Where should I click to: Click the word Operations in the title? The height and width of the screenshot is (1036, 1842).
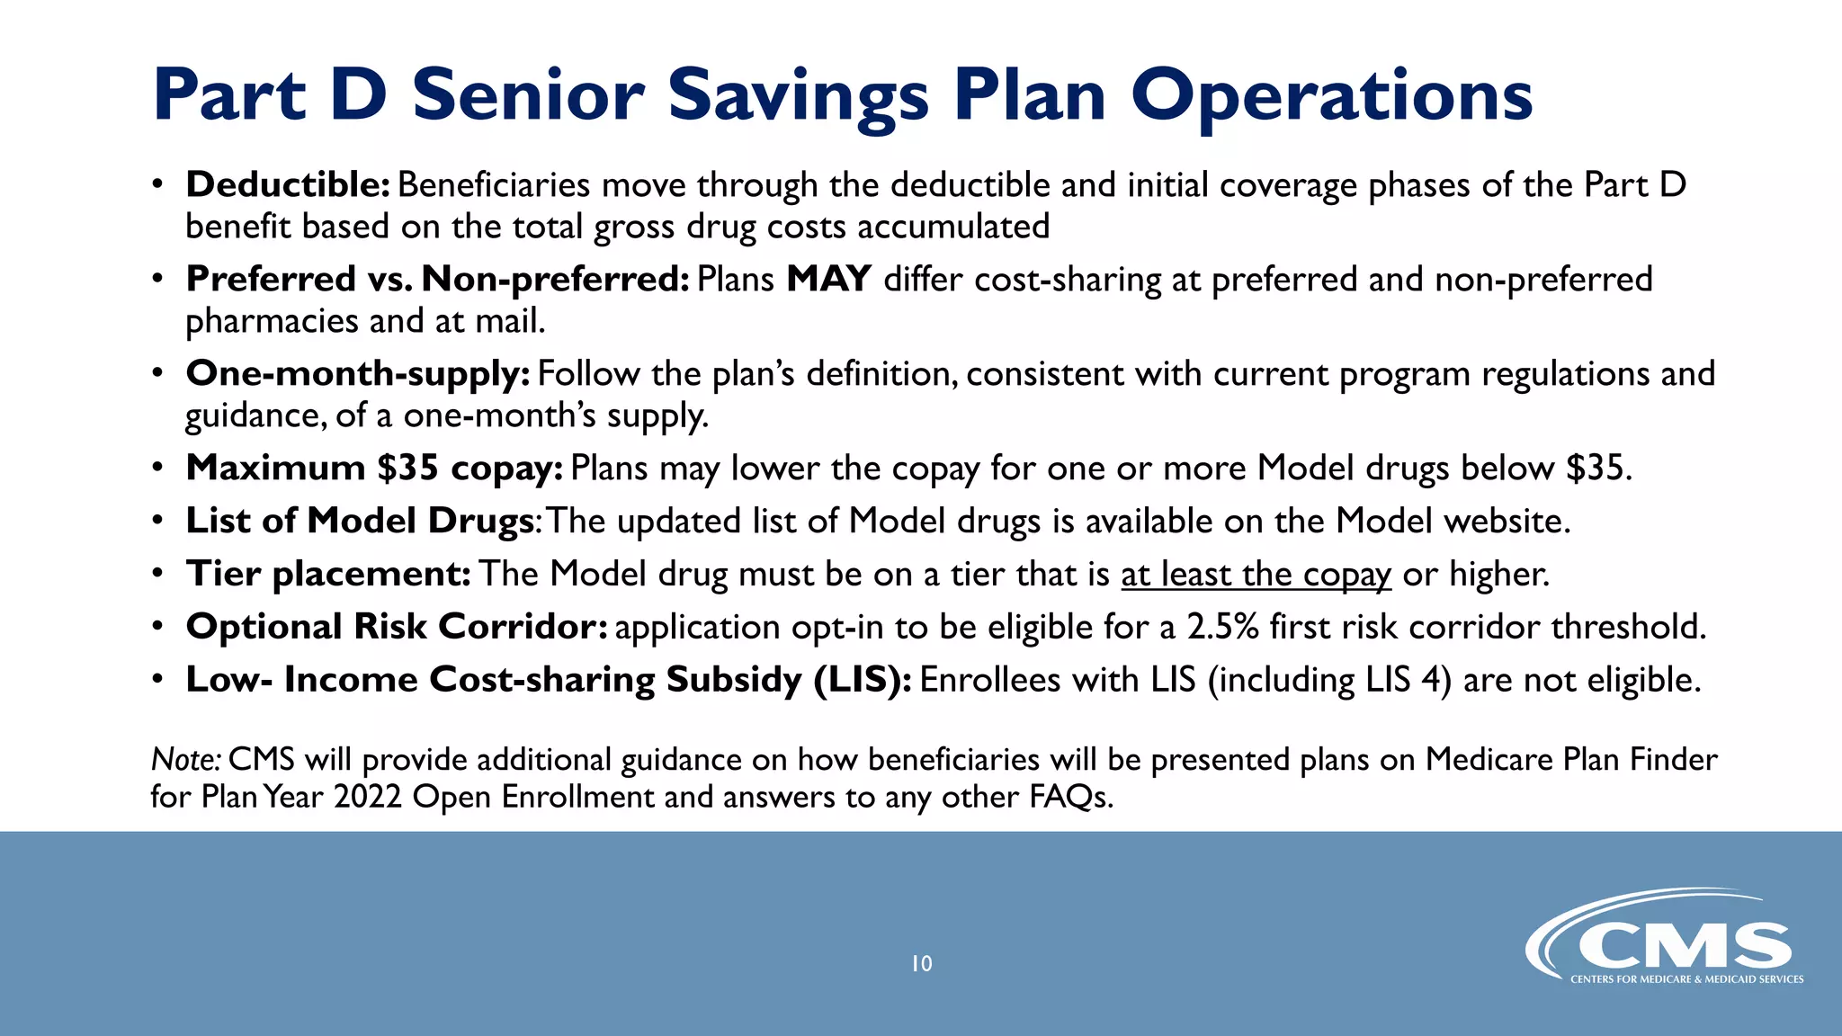1331,95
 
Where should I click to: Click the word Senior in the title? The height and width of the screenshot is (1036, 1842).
528,95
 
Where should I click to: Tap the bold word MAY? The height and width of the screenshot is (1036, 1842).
828,279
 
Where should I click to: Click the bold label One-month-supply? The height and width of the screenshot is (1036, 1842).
358,374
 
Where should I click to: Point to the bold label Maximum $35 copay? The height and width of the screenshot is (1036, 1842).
374,469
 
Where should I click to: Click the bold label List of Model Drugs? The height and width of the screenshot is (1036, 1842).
360,522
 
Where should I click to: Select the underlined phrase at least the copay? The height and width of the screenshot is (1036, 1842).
1256,575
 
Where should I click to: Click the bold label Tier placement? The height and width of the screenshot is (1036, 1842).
328,575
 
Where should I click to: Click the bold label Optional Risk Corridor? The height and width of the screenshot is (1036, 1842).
397,627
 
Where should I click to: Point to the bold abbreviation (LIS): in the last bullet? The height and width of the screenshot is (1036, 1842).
862,680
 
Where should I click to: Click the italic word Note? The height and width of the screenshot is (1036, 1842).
185,760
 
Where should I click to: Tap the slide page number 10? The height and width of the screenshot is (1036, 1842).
921,964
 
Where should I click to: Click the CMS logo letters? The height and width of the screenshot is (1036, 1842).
1682,946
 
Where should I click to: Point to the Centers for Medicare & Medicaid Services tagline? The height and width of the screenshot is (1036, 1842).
1686,979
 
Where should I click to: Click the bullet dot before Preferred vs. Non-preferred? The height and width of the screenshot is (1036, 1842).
157,280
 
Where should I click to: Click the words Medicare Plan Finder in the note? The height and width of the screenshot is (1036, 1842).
1570,760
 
